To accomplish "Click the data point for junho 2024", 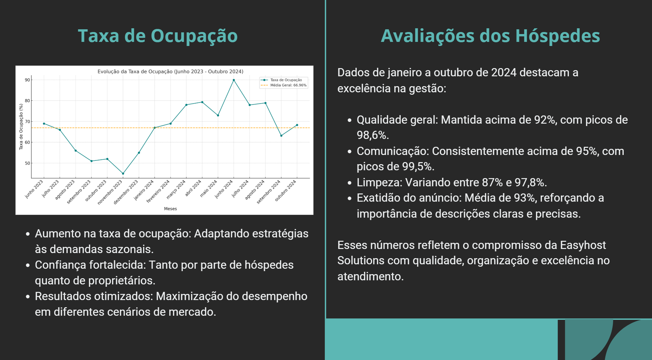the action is (234, 80).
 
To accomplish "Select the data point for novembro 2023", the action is (123, 174).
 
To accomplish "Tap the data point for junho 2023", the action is (44, 124).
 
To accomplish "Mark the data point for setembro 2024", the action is (281, 136).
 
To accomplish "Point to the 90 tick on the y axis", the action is (27, 80).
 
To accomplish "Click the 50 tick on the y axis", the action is (27, 163).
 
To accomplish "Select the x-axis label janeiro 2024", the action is (144, 190).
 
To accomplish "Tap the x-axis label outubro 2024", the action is (286, 190).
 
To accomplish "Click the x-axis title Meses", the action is (170, 209).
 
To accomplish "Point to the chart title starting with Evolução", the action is (170, 72).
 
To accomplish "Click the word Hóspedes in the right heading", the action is (557, 36).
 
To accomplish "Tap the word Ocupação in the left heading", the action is (194, 36).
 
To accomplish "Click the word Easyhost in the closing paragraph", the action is (583, 245).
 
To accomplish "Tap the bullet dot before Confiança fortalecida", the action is (28, 265).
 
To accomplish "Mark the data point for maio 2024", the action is (218, 115).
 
